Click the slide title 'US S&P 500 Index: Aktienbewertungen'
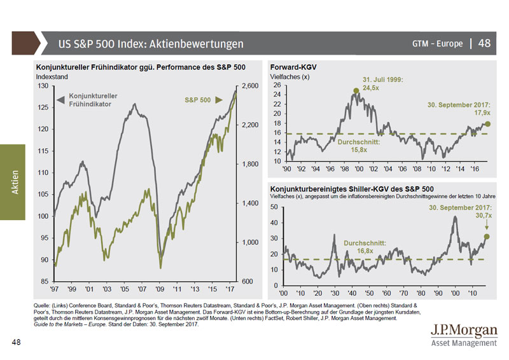pyautogui.click(x=150, y=44)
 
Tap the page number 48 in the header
pyautogui.click(x=484, y=44)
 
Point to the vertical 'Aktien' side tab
pyautogui.click(x=14, y=183)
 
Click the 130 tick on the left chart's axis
pyautogui.click(x=43, y=85)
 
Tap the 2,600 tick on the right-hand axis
pyautogui.click(x=251, y=85)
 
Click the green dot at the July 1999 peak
pyautogui.click(x=356, y=90)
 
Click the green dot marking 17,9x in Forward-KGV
pyautogui.click(x=487, y=124)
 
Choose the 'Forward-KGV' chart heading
pyautogui.click(x=293, y=66)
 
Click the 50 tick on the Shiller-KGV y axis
pyautogui.click(x=275, y=207)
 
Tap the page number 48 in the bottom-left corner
pyautogui.click(x=17, y=342)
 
